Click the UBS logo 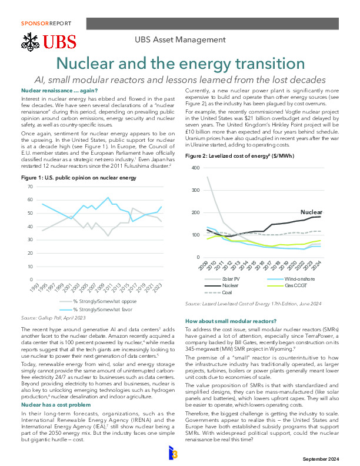[48, 42]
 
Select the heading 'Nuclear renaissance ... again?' [59, 91]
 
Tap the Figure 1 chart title [79, 178]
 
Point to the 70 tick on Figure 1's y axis [30, 187]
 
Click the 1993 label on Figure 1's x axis [35, 287]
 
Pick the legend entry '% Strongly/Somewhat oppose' [98, 301]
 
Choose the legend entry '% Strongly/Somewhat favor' [96, 309]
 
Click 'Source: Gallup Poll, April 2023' [53, 318]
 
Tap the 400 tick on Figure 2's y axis [195, 168]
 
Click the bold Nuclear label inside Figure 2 [311, 212]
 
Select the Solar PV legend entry [222, 279]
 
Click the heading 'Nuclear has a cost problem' [56, 405]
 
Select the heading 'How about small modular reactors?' [231, 321]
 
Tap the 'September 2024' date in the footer [321, 459]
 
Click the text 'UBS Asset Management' [181, 39]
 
